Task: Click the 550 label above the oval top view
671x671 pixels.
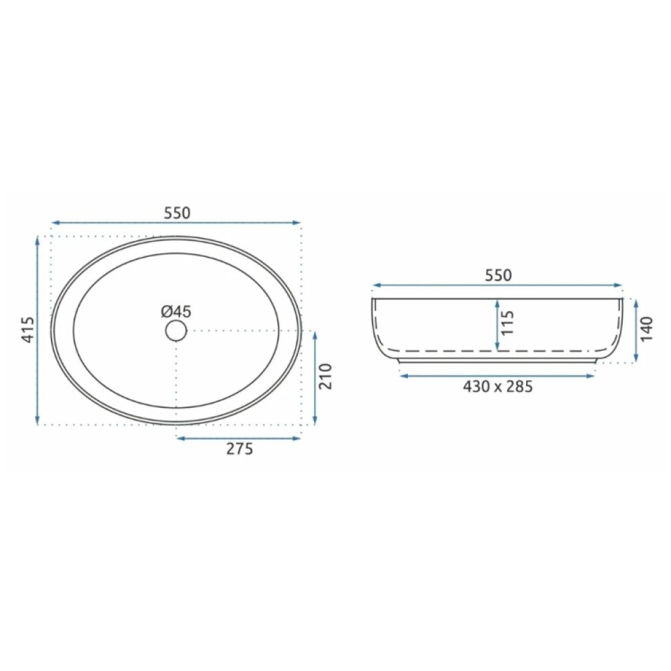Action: point(176,213)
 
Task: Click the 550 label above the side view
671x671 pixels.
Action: point(498,275)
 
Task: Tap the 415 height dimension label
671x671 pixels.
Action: point(28,329)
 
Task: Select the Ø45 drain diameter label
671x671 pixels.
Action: point(176,311)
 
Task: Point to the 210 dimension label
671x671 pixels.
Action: point(326,376)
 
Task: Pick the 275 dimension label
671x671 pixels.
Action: point(240,448)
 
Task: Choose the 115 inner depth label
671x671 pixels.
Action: point(507,323)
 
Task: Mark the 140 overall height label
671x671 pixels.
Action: point(648,329)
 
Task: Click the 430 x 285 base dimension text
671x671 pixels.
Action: point(498,387)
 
